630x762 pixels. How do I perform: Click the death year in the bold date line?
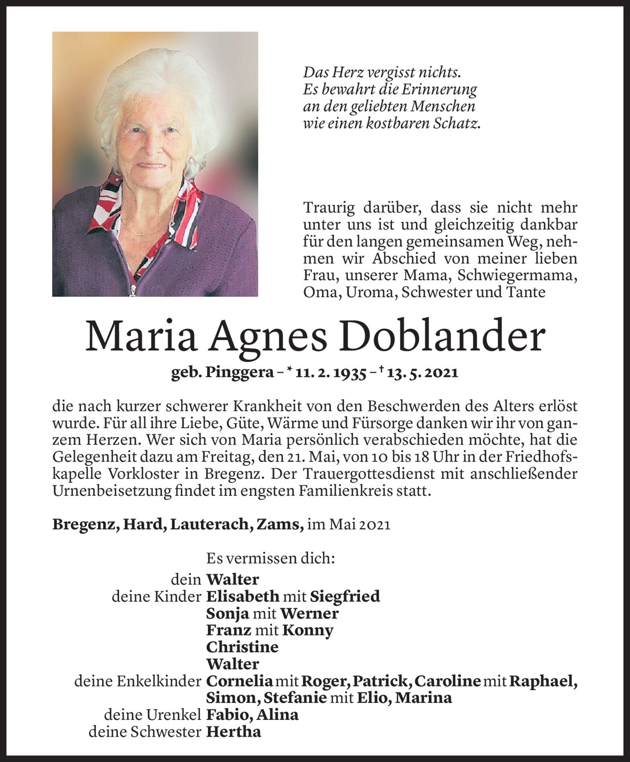tap(441, 373)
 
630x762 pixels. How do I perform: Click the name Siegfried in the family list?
tap(345, 596)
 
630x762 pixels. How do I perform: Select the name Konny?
tap(308, 630)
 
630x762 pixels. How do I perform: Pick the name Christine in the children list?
tap(242, 647)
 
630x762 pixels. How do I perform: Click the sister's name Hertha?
tap(233, 732)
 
